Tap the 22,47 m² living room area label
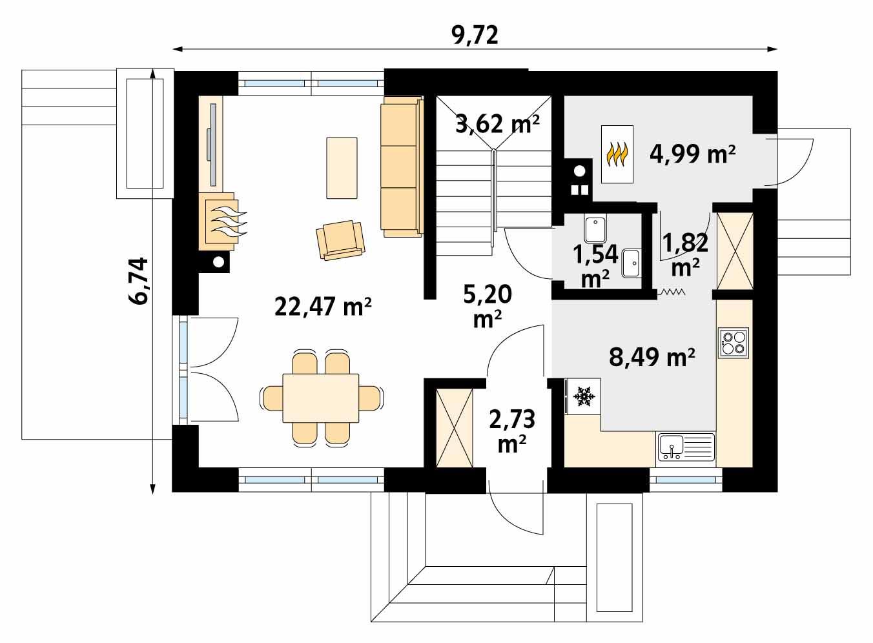323,306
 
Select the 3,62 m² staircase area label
497,123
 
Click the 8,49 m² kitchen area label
652,356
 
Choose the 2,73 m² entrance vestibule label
512,431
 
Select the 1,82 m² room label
686,254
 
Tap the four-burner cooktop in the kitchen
734,342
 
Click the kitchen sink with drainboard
686,447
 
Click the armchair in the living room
340,240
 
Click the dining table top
321,397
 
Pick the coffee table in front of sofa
342,167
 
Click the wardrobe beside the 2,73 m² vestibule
455,427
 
